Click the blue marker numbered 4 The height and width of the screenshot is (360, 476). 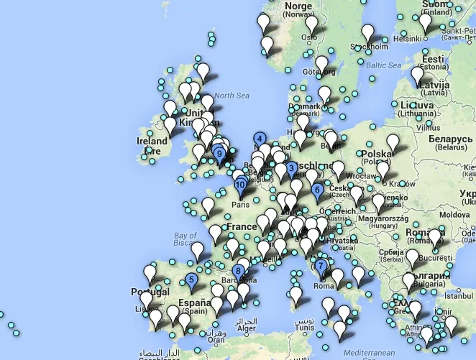259,139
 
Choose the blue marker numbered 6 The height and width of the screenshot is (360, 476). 317,190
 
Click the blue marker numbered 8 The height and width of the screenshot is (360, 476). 237,272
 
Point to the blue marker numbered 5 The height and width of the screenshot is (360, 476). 191,280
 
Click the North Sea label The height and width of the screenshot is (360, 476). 230,96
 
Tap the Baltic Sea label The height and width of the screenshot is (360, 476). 383,65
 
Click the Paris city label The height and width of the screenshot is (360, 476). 240,205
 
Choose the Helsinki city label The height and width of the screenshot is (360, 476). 406,39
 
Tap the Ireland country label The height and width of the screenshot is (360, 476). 151,142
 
